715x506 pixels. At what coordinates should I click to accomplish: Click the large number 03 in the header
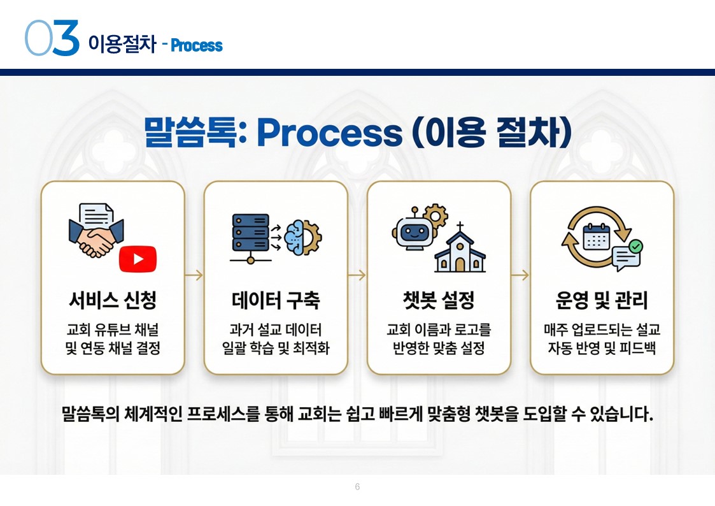point(52,39)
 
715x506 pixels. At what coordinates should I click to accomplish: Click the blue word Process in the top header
point(197,46)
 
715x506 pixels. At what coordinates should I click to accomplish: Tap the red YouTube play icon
point(138,259)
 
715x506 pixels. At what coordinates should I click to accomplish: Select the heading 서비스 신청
point(113,300)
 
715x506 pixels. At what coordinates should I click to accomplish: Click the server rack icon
point(250,235)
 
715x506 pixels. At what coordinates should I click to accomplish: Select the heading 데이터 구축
point(276,300)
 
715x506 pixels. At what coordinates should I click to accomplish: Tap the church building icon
point(460,249)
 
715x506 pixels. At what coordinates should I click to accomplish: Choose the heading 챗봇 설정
point(439,300)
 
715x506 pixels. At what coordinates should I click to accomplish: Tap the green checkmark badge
point(635,247)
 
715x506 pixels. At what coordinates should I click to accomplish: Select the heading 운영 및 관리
point(602,300)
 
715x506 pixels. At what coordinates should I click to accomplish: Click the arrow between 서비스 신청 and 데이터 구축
point(194,275)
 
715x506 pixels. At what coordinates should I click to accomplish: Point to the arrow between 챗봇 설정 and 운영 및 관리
point(520,275)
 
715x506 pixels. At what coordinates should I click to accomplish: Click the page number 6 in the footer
point(357,487)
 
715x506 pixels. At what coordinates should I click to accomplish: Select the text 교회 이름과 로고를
point(439,330)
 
